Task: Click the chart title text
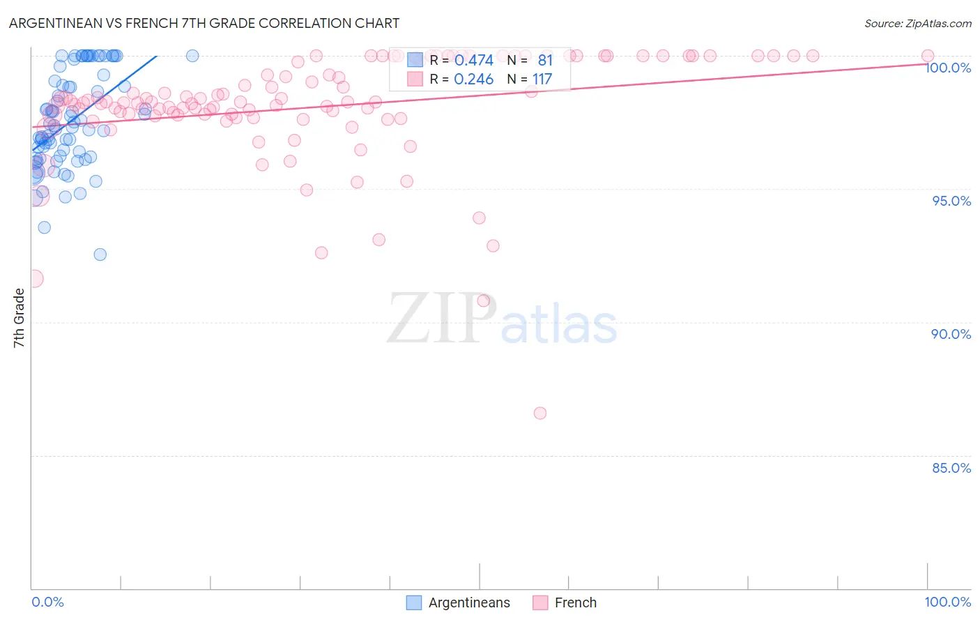point(204,23)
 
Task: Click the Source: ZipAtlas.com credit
point(917,24)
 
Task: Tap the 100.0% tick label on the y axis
point(948,68)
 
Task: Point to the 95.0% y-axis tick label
point(951,201)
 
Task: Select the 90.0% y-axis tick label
point(951,334)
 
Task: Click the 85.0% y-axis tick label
point(951,468)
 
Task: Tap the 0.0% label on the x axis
point(47,602)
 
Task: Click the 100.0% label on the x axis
point(947,602)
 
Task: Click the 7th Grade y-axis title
point(19,318)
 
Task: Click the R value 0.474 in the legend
point(473,61)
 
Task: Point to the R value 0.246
point(473,79)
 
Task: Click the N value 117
point(542,79)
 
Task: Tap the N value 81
point(545,61)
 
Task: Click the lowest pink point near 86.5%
point(539,413)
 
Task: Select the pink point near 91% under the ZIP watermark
point(483,301)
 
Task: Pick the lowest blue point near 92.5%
point(100,255)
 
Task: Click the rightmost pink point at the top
point(928,56)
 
